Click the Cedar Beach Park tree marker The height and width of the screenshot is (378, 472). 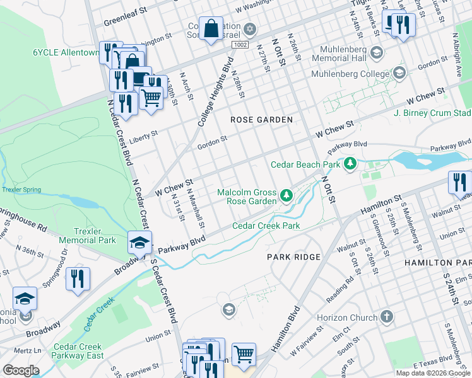[350, 164]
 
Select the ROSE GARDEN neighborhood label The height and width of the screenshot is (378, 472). [261, 120]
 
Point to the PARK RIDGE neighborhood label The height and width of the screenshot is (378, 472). [293, 257]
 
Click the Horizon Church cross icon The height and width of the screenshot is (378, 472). [386, 318]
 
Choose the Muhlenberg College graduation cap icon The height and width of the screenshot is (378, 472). [399, 74]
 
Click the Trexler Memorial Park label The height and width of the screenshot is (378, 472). [88, 235]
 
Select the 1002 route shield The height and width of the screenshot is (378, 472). [239, 45]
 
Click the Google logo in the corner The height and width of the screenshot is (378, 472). [21, 370]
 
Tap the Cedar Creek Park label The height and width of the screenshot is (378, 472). [266, 226]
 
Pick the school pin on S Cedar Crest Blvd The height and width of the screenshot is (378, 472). [139, 242]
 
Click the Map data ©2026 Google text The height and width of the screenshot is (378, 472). [433, 373]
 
